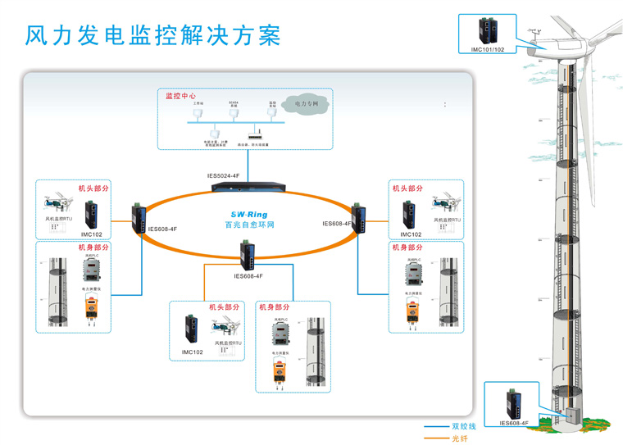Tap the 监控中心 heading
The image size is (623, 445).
point(184,95)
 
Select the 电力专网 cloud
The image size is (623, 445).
point(304,104)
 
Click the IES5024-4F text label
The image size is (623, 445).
point(223,176)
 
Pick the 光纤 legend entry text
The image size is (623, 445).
point(459,438)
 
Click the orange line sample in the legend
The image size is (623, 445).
point(435,438)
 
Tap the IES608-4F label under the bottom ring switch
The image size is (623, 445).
point(248,276)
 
